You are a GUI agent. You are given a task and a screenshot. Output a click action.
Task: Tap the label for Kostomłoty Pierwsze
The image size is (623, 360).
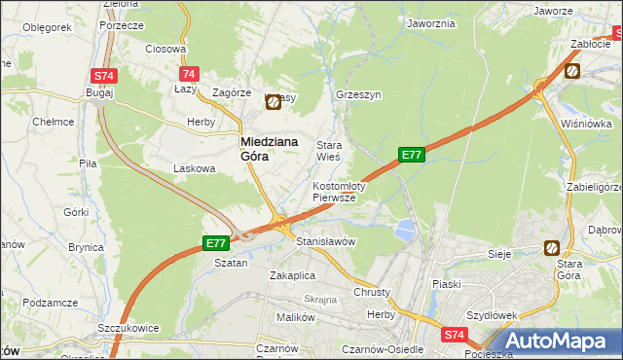(339, 191)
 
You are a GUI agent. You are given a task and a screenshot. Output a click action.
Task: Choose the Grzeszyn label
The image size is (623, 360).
(357, 95)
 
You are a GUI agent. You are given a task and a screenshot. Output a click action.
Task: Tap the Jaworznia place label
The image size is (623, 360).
(431, 23)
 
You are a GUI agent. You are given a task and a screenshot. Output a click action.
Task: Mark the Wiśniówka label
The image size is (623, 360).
(585, 124)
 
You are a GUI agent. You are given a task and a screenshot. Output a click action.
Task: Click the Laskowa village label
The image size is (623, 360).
(194, 168)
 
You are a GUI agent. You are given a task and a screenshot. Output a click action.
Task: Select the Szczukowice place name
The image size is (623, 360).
(128, 329)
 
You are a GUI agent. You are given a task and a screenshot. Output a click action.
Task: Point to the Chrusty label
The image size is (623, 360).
(372, 292)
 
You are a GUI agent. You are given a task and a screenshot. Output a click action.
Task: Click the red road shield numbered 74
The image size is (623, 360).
(190, 74)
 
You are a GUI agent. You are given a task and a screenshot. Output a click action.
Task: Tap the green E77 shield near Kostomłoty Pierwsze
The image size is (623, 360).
(412, 154)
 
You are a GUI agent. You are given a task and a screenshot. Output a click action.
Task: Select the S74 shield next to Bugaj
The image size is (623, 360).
(104, 76)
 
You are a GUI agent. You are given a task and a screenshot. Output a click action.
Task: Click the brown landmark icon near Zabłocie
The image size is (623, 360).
(572, 70)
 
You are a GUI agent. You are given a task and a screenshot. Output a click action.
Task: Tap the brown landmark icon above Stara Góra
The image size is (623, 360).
(553, 248)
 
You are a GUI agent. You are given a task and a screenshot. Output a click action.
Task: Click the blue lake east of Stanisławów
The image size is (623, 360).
(403, 230)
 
